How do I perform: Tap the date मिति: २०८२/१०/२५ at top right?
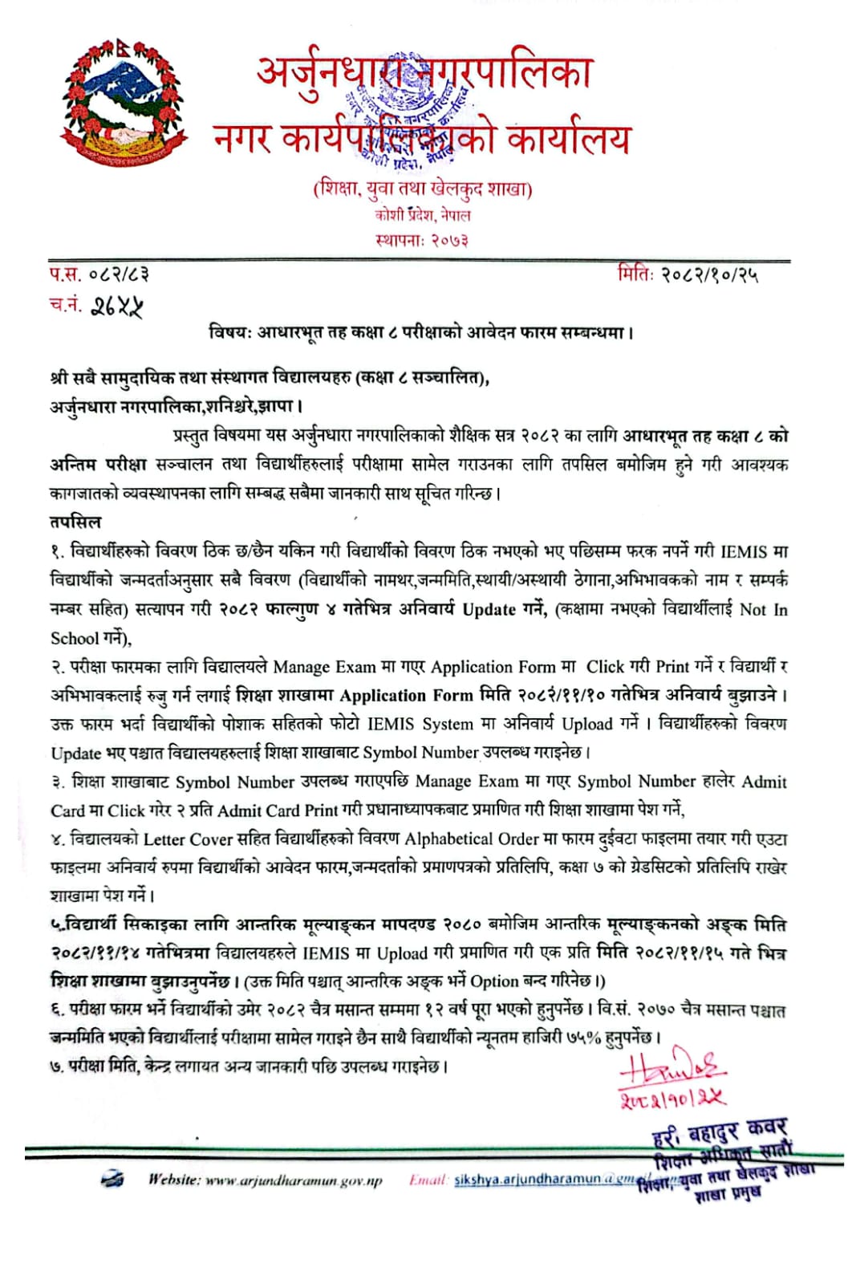pos(688,274)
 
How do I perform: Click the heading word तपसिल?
pos(75,522)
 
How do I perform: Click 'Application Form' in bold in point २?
pos(406,696)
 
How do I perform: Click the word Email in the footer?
pos(427,1180)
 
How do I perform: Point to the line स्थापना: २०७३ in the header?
pos(421,239)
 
